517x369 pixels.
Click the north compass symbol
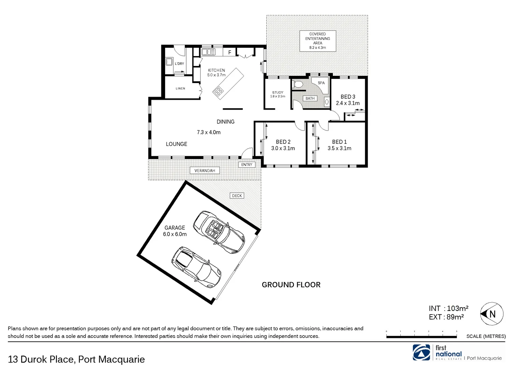point(492,314)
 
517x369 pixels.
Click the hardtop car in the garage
point(196,264)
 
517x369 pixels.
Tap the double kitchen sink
point(208,52)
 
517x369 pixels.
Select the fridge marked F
point(230,52)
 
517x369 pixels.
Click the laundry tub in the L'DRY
point(169,62)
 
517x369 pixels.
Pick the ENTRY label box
point(247,165)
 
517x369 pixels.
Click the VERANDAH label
point(205,170)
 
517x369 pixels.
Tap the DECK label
point(237,196)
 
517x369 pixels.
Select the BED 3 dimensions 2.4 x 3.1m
point(348,103)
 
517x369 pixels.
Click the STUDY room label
point(278,93)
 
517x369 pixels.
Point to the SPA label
point(321,83)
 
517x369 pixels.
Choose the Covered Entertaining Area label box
point(317,41)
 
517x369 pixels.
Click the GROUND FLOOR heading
point(291,285)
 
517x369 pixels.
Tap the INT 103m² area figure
point(448,309)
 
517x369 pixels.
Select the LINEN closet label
point(180,88)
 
